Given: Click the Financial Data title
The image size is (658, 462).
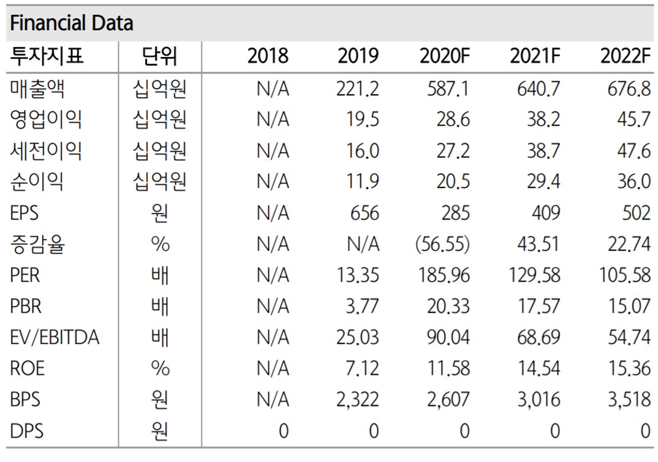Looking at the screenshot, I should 72,23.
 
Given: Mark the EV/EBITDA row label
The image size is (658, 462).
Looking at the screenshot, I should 55,337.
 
